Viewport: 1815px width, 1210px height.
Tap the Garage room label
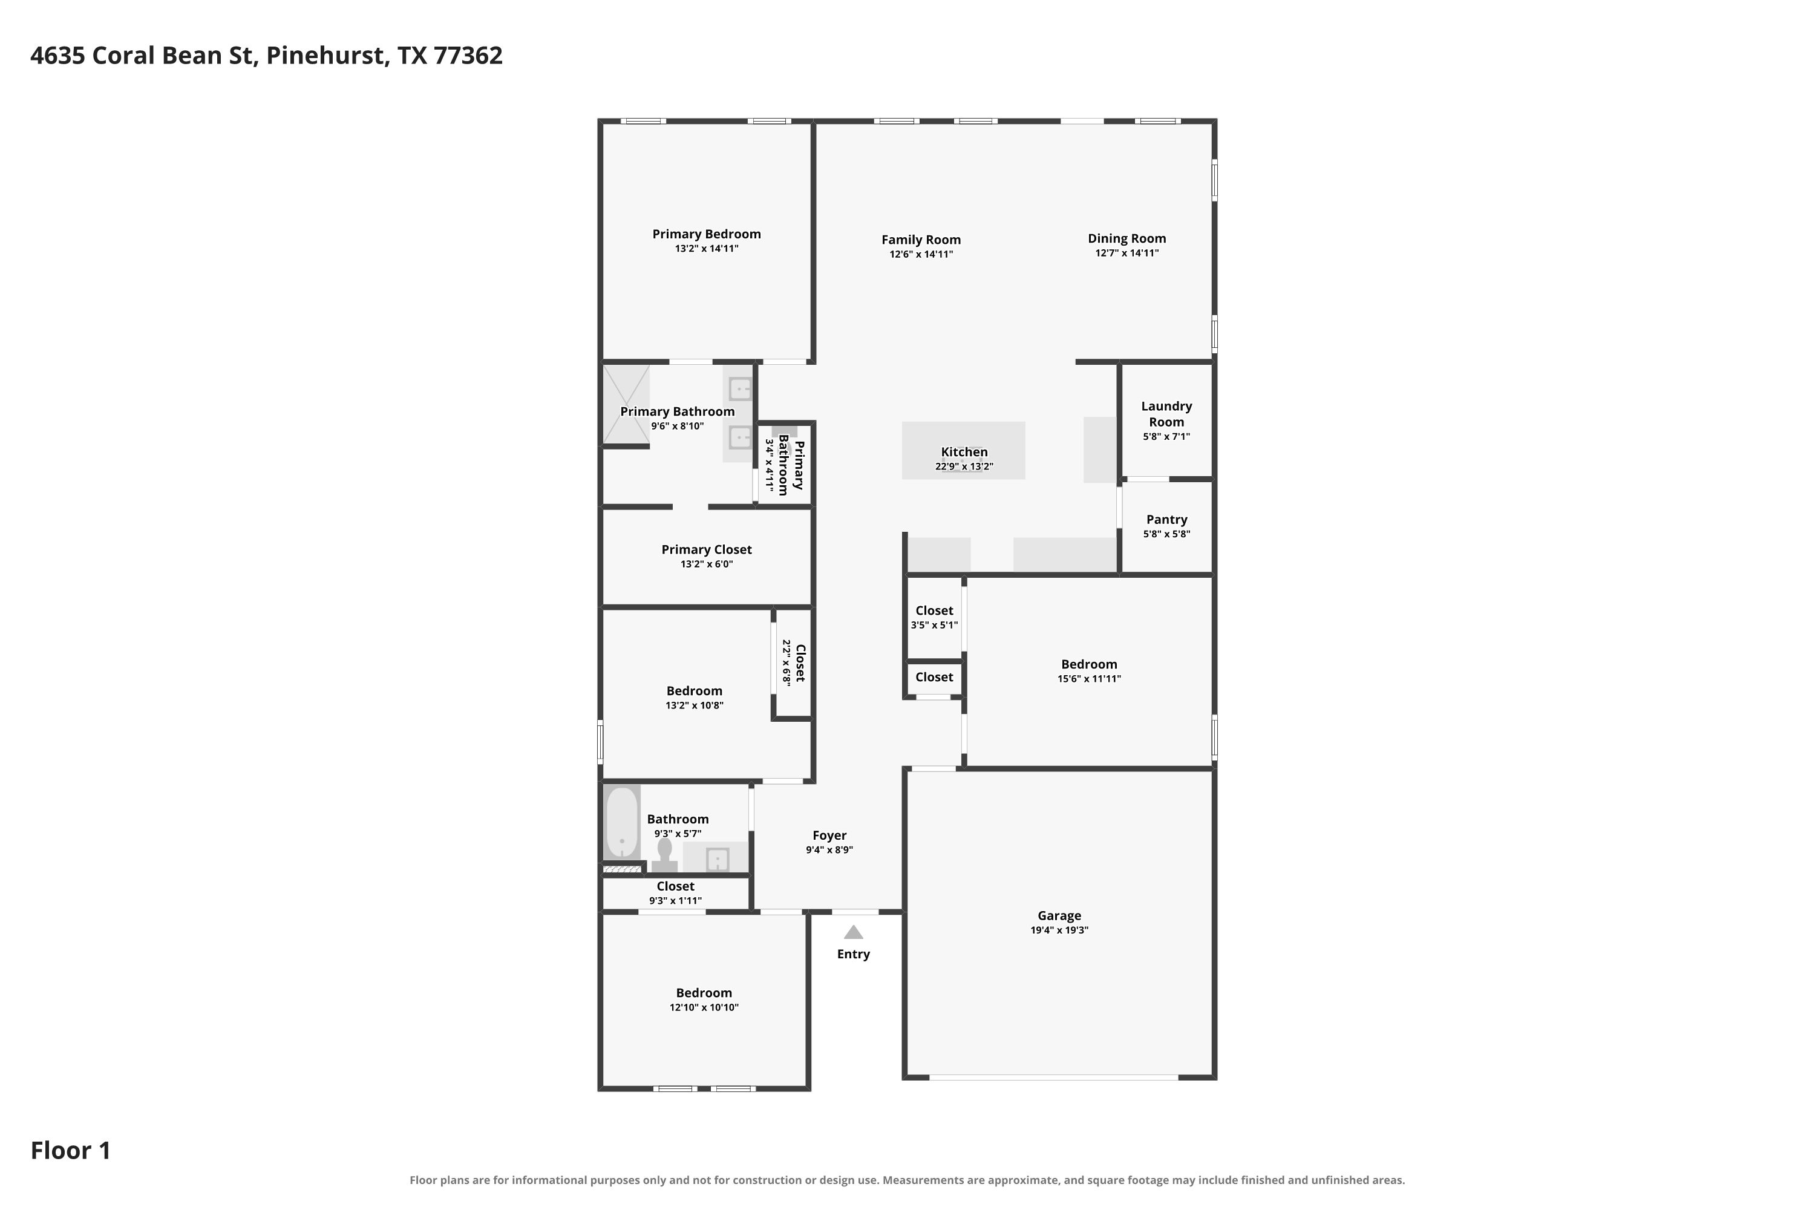1059,916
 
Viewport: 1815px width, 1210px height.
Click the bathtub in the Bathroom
622,823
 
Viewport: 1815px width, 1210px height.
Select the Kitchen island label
964,452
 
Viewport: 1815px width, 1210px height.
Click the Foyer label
829,836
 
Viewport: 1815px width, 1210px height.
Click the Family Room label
921,240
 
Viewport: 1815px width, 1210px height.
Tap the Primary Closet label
706,549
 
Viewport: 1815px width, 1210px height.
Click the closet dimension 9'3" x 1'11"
675,901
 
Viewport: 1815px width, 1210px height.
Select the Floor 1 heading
70,1151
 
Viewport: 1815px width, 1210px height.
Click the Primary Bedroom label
706,234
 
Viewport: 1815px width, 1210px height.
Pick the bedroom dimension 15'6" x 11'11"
1089,679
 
